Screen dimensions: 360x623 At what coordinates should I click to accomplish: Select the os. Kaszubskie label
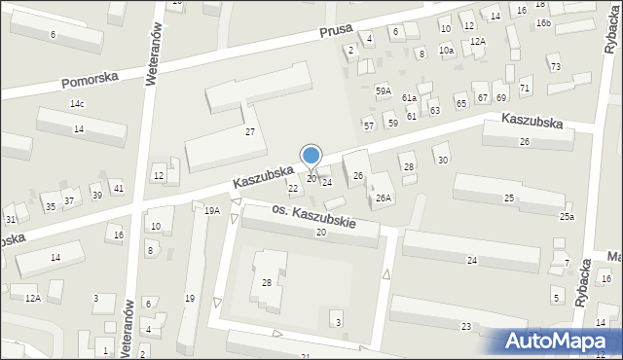pos(312,216)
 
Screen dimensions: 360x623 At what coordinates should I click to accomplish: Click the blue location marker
pos(311,156)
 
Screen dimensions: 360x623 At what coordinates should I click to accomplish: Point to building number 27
pos(250,131)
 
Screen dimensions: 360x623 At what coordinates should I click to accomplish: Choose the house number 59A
pos(384,90)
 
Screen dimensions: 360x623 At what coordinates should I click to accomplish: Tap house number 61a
pos(410,98)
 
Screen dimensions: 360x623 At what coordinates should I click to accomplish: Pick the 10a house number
pos(446,50)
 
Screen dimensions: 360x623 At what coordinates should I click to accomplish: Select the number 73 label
pos(555,66)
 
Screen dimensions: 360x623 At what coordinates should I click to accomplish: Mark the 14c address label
pos(77,104)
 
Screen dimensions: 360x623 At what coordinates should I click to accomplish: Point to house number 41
pos(118,188)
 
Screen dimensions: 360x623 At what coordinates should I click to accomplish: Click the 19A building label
pos(211,210)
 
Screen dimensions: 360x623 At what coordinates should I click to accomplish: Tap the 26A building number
pos(384,198)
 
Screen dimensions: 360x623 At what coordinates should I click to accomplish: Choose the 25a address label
pos(567,216)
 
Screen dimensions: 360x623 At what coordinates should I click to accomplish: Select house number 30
pos(443,160)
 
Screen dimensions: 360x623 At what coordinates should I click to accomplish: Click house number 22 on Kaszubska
pos(293,188)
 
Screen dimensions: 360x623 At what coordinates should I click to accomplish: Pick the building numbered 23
pos(466,326)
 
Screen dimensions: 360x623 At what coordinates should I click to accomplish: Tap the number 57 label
pos(368,126)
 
